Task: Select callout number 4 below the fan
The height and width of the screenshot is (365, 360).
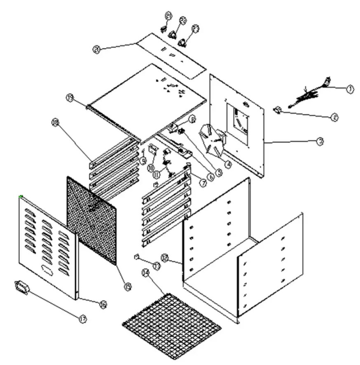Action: [227, 163]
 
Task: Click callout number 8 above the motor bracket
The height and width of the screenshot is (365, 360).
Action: [192, 119]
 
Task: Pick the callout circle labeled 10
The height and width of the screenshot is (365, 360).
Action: [151, 168]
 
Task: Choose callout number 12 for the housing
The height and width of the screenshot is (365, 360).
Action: [165, 258]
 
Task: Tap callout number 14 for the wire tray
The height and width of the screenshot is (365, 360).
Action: [145, 272]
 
